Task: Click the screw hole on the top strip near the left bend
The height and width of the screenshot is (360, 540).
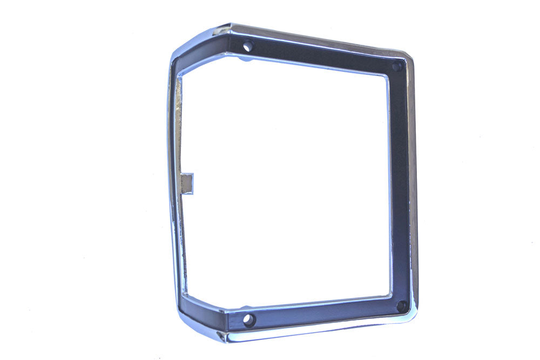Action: point(248,46)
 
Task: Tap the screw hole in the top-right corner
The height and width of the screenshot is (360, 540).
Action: point(397,67)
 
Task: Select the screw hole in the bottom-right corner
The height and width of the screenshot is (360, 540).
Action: point(401,306)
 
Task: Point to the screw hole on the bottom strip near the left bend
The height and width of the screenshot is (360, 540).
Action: point(249,320)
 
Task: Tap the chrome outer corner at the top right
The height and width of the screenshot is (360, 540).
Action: point(408,56)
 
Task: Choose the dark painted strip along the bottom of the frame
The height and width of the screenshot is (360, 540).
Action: point(324,312)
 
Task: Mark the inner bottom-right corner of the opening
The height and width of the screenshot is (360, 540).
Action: point(389,295)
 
